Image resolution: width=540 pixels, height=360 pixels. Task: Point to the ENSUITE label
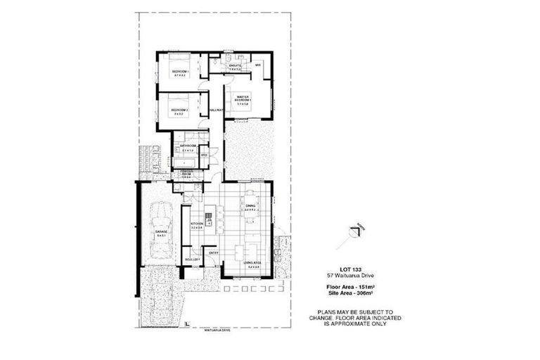(234, 66)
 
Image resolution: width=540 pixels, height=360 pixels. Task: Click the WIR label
(258, 65)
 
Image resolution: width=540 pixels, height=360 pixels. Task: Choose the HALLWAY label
(216, 110)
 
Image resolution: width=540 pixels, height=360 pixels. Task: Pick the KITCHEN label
(196, 224)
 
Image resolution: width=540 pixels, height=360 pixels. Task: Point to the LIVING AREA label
(252, 263)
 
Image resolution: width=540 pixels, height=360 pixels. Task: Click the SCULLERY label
(192, 259)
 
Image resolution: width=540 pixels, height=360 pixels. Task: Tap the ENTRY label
(214, 253)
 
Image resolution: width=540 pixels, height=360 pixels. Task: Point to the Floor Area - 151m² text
(354, 287)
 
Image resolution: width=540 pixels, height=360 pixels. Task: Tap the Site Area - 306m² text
(354, 294)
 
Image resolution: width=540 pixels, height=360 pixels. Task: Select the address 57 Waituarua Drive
(354, 277)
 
